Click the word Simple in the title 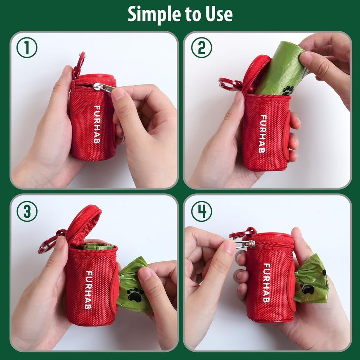tap(154, 14)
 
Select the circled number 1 tap(27, 48)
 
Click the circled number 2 tap(202, 48)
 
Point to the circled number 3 tap(27, 211)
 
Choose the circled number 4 tap(202, 211)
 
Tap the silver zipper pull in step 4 tap(244, 244)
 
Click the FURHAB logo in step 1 tap(97, 125)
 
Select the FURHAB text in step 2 tap(263, 134)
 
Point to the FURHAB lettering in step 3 tap(89, 290)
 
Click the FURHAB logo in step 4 tap(266, 283)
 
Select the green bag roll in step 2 tap(282, 69)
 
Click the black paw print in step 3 tap(135, 295)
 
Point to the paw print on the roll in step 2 tap(288, 90)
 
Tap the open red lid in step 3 tap(84, 225)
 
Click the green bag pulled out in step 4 tap(311, 279)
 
